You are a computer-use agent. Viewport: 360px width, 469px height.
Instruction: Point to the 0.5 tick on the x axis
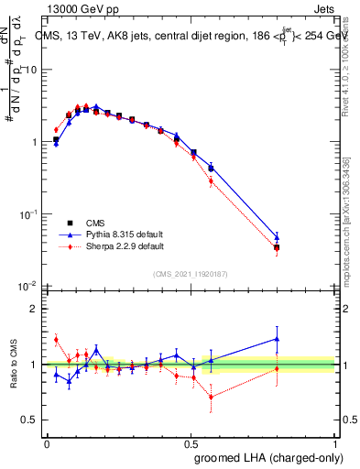191,442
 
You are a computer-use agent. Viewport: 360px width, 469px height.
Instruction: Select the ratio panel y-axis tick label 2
35,309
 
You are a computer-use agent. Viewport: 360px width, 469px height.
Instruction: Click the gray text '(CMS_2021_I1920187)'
190,273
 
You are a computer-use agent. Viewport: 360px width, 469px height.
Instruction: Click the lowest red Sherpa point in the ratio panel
212,397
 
